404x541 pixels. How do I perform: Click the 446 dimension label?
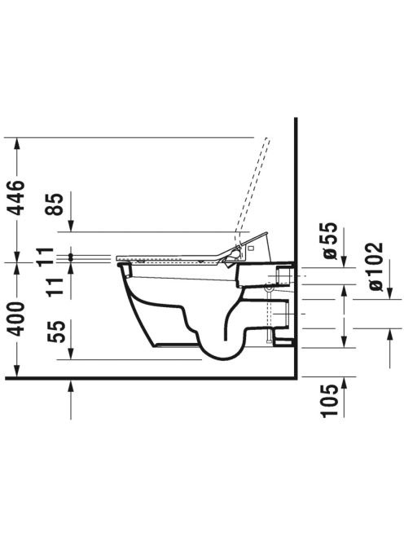click(x=17, y=197)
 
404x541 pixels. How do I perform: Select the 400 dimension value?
click(x=17, y=319)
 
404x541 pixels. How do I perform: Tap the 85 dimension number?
click(x=55, y=204)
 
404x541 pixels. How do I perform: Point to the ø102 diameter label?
click(x=375, y=266)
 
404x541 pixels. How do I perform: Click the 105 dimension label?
click(x=329, y=401)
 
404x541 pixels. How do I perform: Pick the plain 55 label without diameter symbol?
click(x=56, y=332)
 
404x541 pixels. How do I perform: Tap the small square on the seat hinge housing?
click(x=251, y=248)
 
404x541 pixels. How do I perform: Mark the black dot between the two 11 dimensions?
click(x=71, y=257)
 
